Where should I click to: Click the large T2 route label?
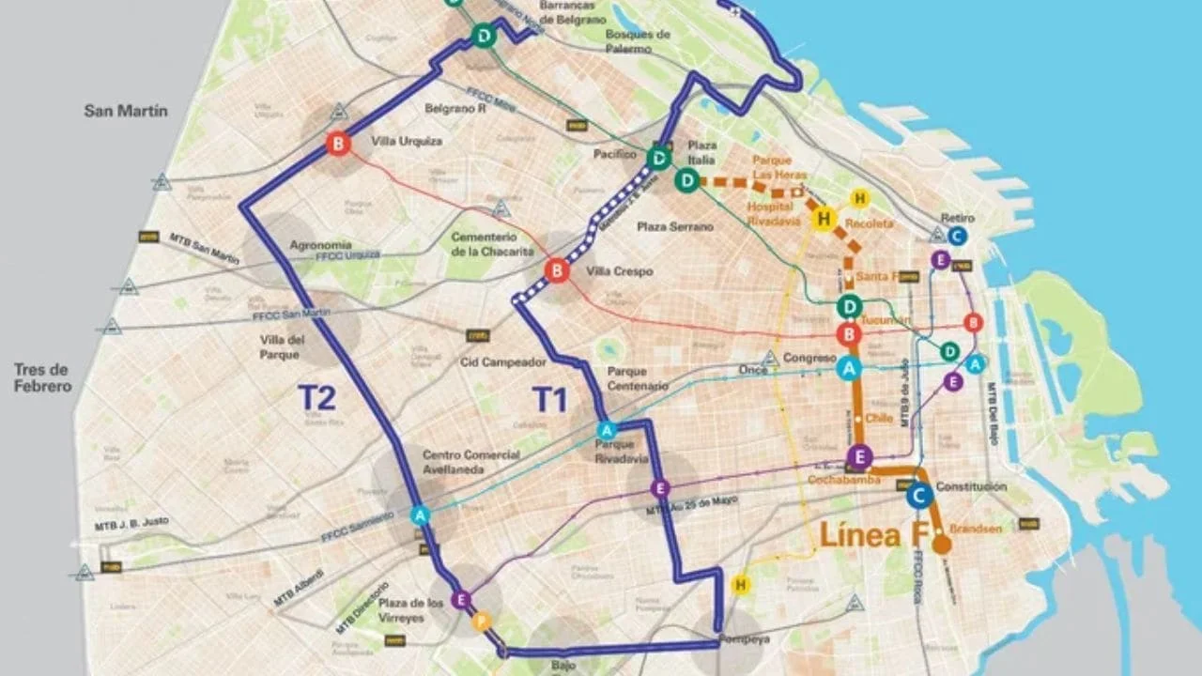[x=316, y=398]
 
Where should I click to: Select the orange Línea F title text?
[x=872, y=535]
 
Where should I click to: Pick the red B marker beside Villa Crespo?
[x=557, y=271]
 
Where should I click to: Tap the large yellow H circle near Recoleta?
[x=824, y=219]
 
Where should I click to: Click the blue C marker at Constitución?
[x=919, y=494]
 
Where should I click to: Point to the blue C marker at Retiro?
[x=957, y=236]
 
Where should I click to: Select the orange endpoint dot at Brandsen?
[x=941, y=544]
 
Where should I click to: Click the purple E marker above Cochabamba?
[x=858, y=457]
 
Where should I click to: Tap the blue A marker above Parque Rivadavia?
[x=607, y=430]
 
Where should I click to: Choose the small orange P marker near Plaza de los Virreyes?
[x=482, y=621]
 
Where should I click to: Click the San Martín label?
[x=126, y=111]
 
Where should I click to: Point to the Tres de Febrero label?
[x=43, y=377]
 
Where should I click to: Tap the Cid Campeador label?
[x=502, y=361]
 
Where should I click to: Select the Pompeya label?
[x=745, y=639]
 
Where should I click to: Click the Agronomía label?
[x=320, y=244]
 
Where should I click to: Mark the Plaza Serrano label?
[x=674, y=227]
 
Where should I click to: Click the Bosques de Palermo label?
[x=638, y=40]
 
